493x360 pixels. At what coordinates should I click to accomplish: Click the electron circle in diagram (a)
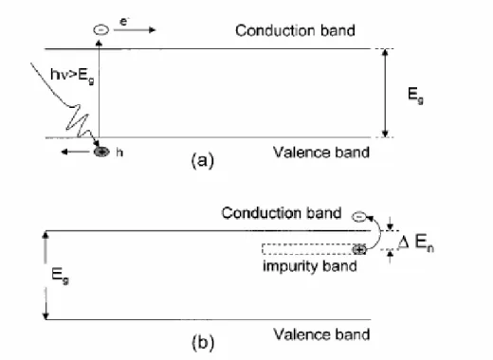(x=101, y=30)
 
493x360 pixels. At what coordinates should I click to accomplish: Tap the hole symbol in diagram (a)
(x=101, y=152)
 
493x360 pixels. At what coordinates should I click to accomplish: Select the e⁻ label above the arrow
(x=124, y=21)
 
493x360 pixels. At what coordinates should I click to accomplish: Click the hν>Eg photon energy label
(x=72, y=76)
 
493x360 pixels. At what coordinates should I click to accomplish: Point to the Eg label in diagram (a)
(x=415, y=96)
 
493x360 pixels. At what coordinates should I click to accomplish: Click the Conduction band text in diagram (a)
(x=295, y=30)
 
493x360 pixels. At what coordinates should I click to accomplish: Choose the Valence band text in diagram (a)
(x=321, y=153)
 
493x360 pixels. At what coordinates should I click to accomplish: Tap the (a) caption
(x=203, y=160)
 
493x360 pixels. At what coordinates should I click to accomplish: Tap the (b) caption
(x=203, y=343)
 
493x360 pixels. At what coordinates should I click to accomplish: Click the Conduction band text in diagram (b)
(x=282, y=213)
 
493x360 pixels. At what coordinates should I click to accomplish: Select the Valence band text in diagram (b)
(x=321, y=334)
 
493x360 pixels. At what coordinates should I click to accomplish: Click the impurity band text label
(x=310, y=266)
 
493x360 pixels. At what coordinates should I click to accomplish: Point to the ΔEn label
(x=416, y=243)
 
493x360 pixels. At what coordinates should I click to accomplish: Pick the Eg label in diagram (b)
(x=60, y=276)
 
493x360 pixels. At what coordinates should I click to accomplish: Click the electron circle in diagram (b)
(x=359, y=217)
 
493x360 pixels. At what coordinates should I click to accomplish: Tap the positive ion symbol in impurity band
(x=359, y=250)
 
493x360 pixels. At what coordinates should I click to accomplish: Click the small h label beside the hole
(x=119, y=153)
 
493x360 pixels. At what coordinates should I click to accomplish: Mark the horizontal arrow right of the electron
(x=135, y=30)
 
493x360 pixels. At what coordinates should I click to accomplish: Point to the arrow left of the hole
(x=76, y=152)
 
